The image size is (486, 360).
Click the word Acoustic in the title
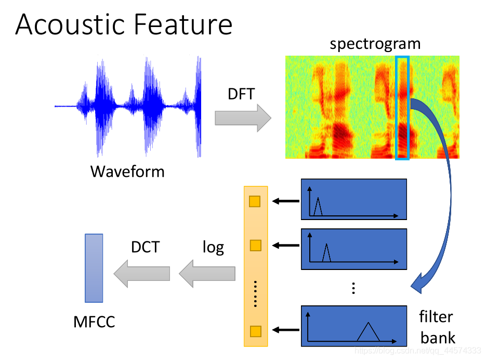[x=67, y=25]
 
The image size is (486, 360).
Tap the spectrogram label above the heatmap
[x=375, y=44]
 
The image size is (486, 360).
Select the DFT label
[x=242, y=94]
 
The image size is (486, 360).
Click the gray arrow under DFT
[x=243, y=118]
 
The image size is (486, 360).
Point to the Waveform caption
[x=127, y=171]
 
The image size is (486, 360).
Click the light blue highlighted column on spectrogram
[x=402, y=108]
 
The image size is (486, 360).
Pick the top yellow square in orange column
[x=255, y=201]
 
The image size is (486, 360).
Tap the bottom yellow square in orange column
[x=255, y=331]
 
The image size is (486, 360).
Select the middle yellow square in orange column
[x=255, y=245]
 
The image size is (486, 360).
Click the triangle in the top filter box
[x=319, y=207]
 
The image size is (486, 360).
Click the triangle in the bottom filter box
[x=369, y=332]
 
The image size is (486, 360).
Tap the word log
[x=213, y=247]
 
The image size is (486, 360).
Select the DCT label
[x=145, y=247]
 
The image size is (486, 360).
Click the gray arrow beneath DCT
[x=142, y=273]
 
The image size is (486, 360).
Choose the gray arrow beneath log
[x=207, y=273]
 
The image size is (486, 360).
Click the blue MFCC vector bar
[x=94, y=268]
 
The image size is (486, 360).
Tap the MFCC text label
[x=94, y=322]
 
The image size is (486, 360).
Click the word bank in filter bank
[x=438, y=338]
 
